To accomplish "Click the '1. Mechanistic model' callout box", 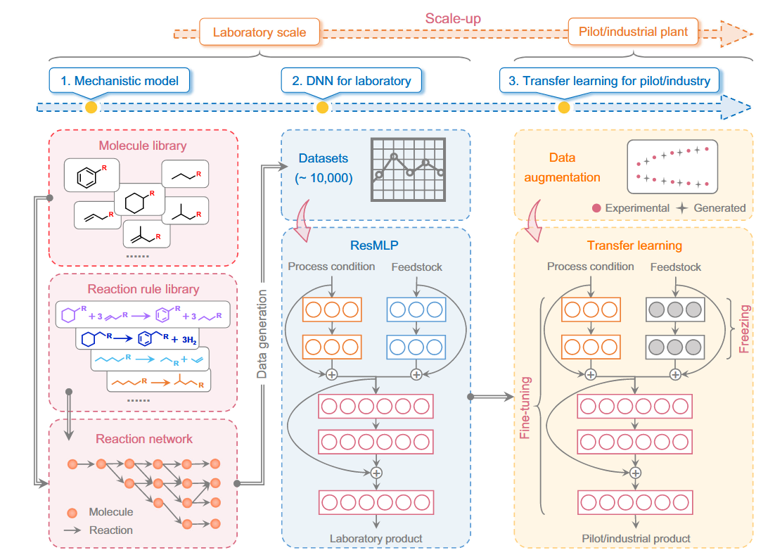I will pyautogui.click(x=120, y=80).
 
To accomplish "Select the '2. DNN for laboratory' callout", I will pyautogui.click(x=351, y=80).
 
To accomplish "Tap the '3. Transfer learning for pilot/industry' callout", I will pyautogui.click(x=609, y=80).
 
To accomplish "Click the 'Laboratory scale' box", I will pyautogui.click(x=260, y=32).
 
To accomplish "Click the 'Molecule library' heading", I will pyautogui.click(x=142, y=146).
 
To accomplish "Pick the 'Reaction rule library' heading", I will pyautogui.click(x=143, y=288).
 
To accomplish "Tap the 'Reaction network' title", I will pyautogui.click(x=144, y=438).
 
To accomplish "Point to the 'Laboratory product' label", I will pyautogui.click(x=376, y=539).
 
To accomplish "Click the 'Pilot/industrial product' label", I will pyautogui.click(x=636, y=539).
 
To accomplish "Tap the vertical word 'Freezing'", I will pyautogui.click(x=746, y=328).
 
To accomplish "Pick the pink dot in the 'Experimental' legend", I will pyautogui.click(x=596, y=208).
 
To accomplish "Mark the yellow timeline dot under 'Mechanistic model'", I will pyautogui.click(x=91, y=108).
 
